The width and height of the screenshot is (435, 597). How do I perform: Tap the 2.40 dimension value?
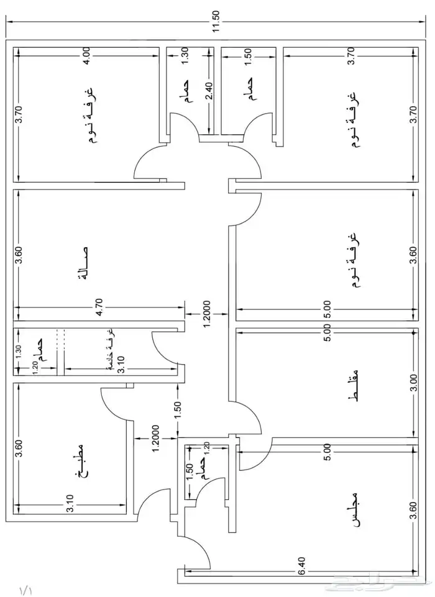point(209,91)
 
